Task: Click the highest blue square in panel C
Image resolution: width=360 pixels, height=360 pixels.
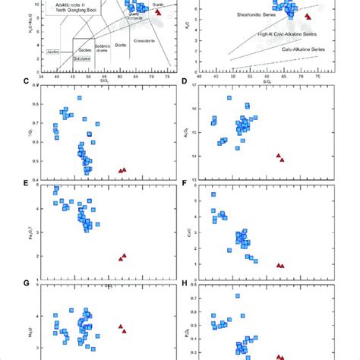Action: click(80, 98)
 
